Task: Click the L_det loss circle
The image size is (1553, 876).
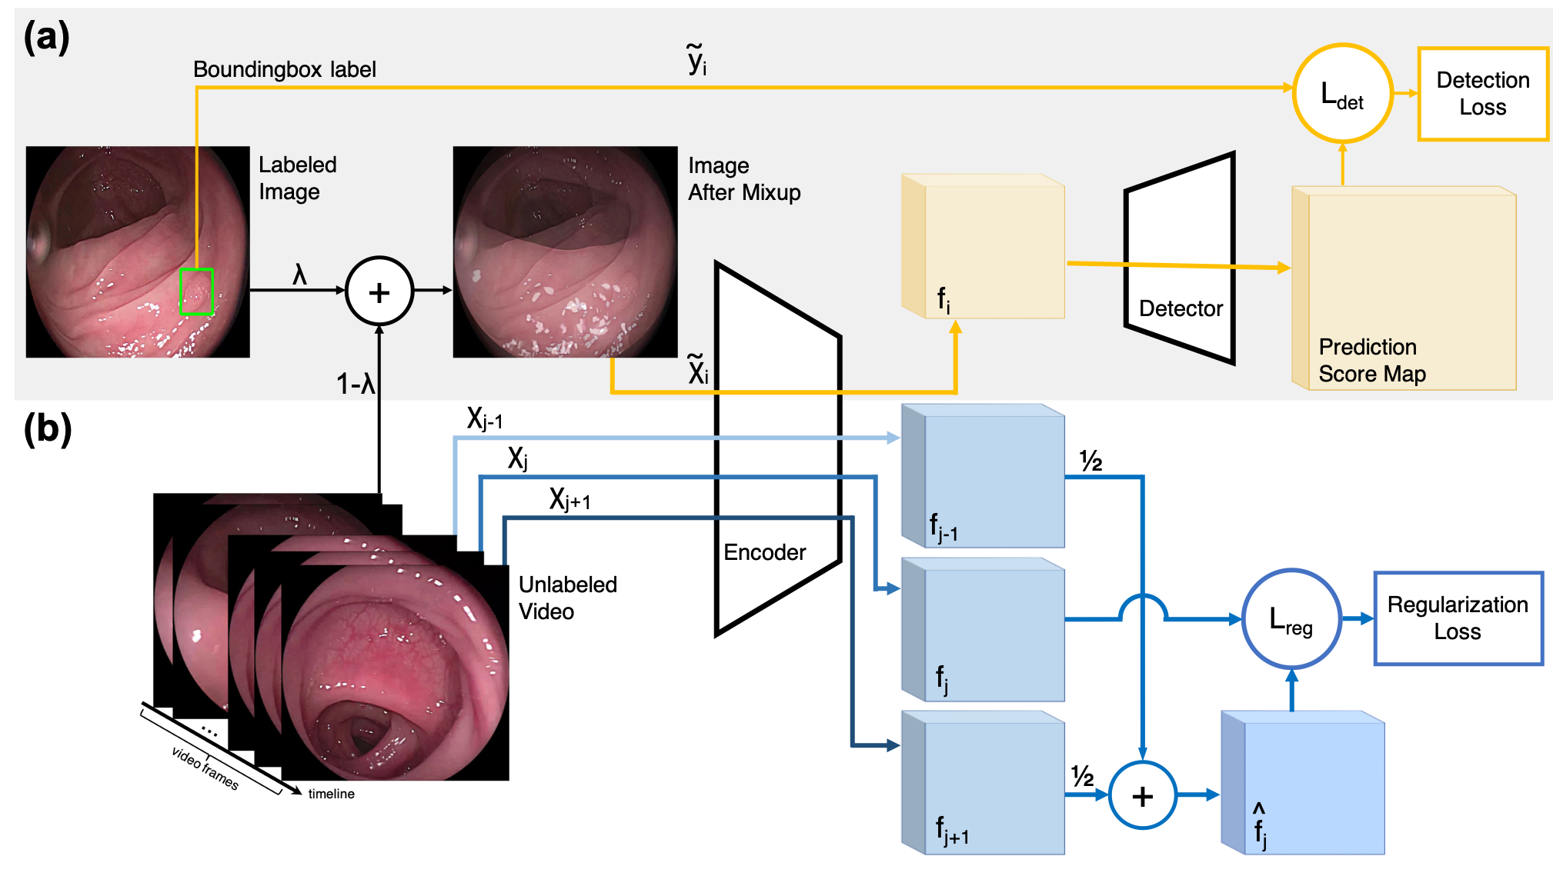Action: click(1342, 94)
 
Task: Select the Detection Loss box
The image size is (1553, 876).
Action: click(1482, 94)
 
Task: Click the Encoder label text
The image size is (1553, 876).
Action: click(764, 552)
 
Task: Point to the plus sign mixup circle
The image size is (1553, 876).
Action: click(379, 291)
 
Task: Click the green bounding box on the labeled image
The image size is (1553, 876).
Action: click(196, 291)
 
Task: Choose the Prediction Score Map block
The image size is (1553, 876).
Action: click(1405, 289)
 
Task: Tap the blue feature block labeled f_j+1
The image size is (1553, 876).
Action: click(984, 783)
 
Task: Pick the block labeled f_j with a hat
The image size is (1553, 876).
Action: click(1304, 783)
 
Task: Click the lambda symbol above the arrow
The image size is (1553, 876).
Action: click(299, 274)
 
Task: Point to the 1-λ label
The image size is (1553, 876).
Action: click(355, 384)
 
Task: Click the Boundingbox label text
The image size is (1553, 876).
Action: click(284, 69)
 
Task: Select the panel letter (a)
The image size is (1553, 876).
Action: click(46, 37)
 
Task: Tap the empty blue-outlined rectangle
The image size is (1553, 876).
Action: click(1458, 618)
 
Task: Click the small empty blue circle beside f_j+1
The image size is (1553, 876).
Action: click(1142, 794)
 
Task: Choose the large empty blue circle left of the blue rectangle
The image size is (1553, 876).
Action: click(1291, 618)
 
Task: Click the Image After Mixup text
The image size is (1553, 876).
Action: click(743, 179)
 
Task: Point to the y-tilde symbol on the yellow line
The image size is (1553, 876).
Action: click(696, 60)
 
